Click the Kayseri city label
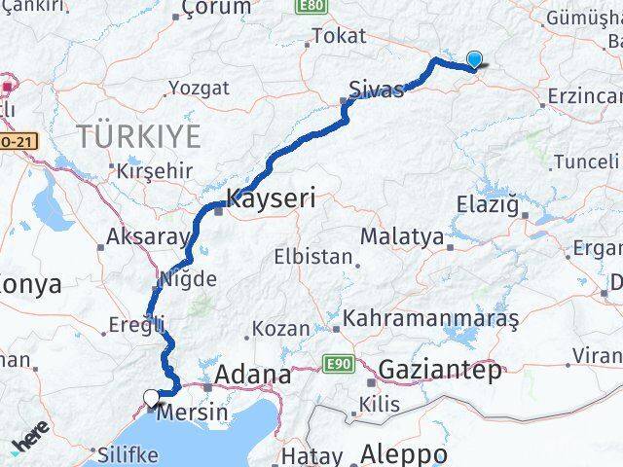[271, 200]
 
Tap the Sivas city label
[376, 91]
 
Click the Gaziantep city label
[440, 370]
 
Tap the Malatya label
[402, 236]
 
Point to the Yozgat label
[199, 88]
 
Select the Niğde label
[191, 279]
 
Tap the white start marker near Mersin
[152, 397]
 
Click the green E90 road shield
[337, 365]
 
